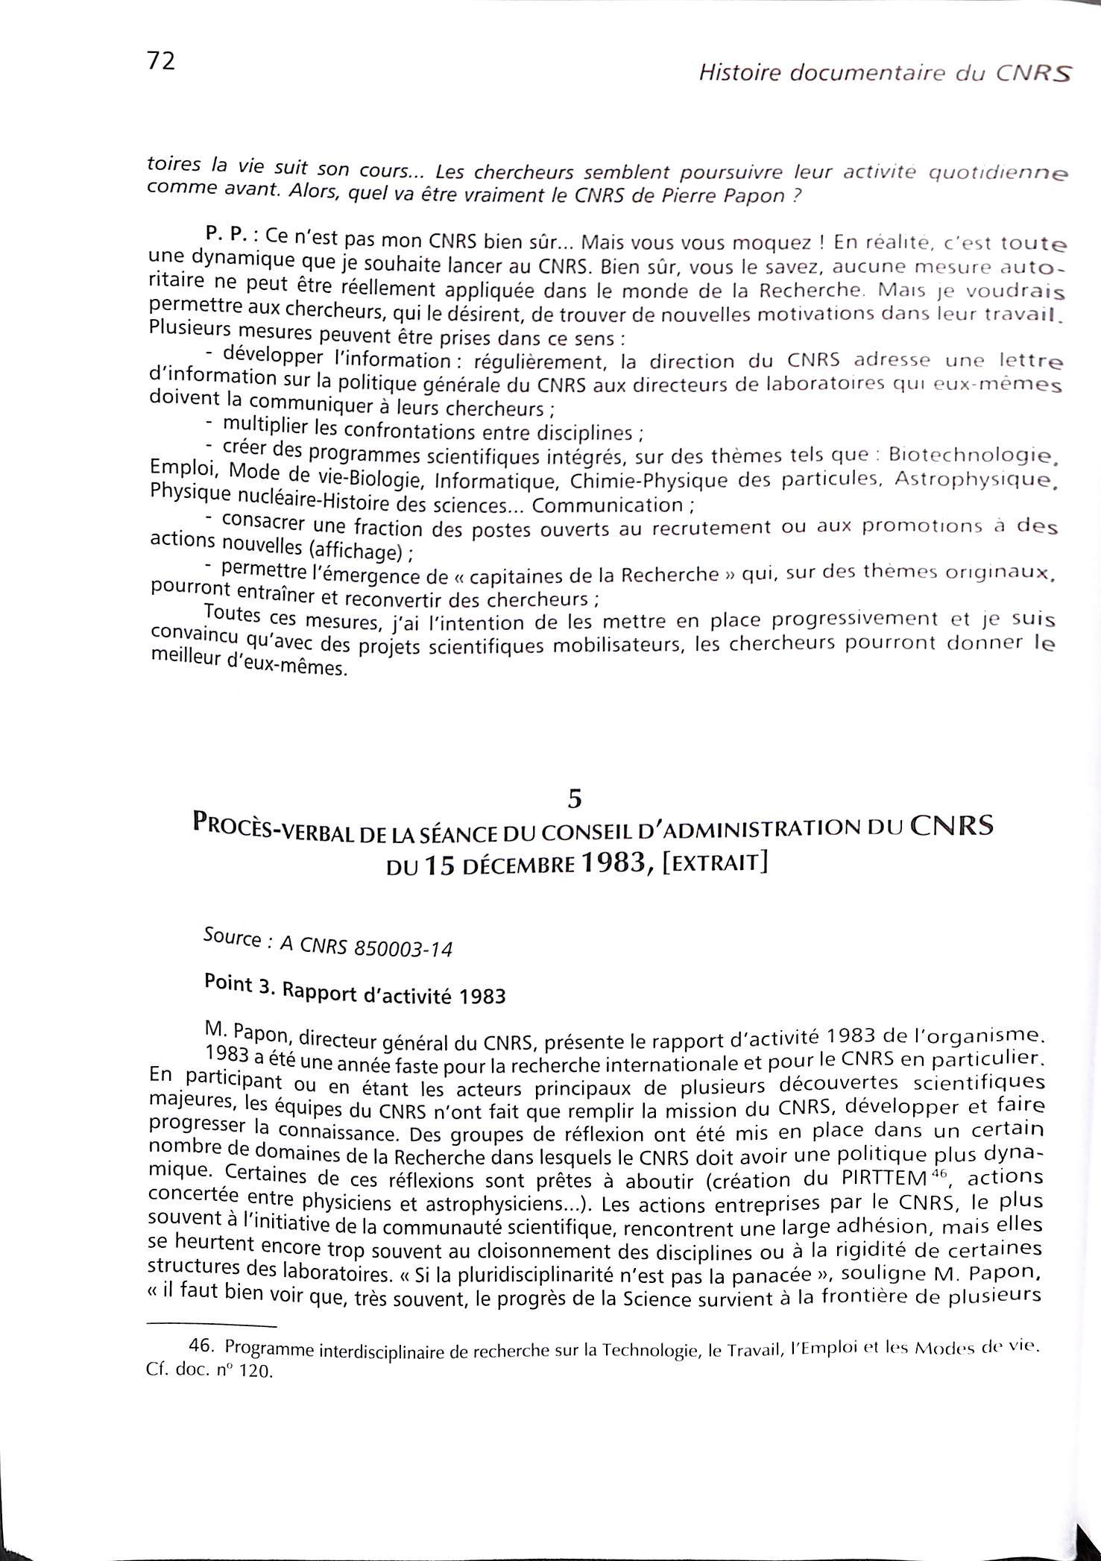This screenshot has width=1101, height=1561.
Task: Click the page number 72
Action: [x=161, y=61]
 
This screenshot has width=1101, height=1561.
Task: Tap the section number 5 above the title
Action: [x=574, y=798]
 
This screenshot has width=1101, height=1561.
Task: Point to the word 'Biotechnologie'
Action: [x=974, y=453]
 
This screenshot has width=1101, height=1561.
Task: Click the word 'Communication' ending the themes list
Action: [x=608, y=505]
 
